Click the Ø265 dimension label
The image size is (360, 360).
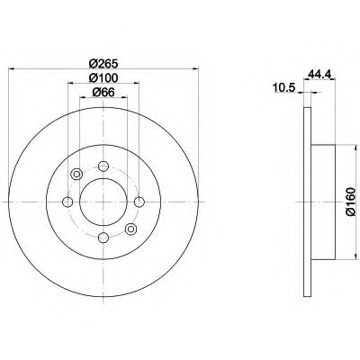(x=103, y=63)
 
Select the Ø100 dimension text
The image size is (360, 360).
(x=103, y=78)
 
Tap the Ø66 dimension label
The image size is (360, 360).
(x=103, y=92)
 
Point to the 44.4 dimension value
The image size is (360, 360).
(x=319, y=74)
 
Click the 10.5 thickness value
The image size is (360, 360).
(x=283, y=88)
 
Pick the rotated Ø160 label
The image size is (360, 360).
(x=350, y=202)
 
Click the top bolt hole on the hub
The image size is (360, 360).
(x=103, y=166)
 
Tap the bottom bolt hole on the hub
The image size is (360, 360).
(x=103, y=238)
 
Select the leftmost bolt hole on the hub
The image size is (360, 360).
(x=67, y=202)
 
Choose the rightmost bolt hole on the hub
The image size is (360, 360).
(x=139, y=202)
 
